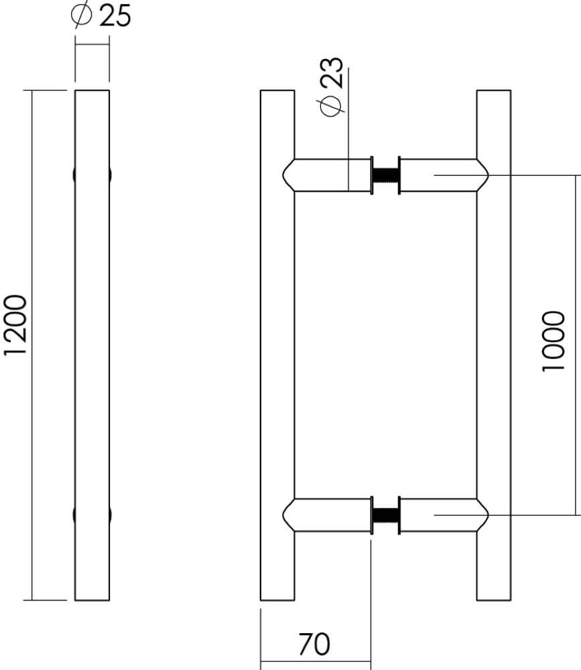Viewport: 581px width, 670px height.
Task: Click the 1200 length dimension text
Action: (15, 325)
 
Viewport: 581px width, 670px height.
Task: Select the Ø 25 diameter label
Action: (101, 15)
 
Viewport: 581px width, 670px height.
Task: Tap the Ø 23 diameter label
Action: (332, 87)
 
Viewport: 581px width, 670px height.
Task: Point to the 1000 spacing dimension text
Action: (554, 342)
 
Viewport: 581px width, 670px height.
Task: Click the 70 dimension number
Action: (314, 645)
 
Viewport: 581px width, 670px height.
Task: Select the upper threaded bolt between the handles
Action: (385, 176)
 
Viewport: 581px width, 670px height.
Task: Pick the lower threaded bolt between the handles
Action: (385, 515)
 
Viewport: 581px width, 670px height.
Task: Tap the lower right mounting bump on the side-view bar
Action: (110, 515)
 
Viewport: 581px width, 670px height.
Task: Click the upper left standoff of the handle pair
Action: (328, 176)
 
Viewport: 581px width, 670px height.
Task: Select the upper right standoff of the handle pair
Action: (442, 176)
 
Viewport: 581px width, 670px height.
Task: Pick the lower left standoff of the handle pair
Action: (328, 515)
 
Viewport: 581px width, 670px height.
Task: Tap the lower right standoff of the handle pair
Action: (442, 515)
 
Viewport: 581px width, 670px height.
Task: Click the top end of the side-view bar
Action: (92, 92)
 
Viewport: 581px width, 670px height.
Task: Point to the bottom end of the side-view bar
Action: (92, 598)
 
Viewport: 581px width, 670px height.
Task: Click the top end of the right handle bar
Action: (494, 92)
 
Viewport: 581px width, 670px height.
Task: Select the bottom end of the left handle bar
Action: (277, 598)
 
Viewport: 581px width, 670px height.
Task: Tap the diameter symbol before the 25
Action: (81, 15)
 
